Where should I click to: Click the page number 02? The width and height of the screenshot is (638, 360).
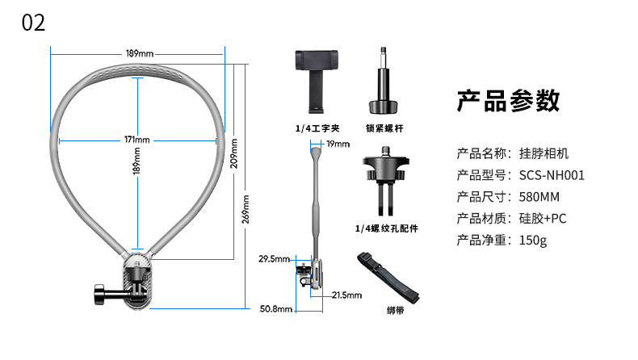33,23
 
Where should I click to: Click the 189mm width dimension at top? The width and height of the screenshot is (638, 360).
139,53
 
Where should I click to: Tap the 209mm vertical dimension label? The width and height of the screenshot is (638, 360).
233,151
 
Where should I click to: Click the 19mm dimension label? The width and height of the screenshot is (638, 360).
338,144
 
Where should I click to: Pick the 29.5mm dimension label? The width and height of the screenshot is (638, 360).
274,259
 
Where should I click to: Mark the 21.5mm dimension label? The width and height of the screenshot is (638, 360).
346,295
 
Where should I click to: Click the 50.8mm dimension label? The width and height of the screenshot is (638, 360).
275,308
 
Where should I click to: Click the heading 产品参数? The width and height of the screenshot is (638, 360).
508,101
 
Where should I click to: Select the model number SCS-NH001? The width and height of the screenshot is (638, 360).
553,174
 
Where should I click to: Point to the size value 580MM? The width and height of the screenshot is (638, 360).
539,196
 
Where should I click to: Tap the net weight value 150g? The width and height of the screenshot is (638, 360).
533,240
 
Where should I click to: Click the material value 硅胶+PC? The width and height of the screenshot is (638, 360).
543,218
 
